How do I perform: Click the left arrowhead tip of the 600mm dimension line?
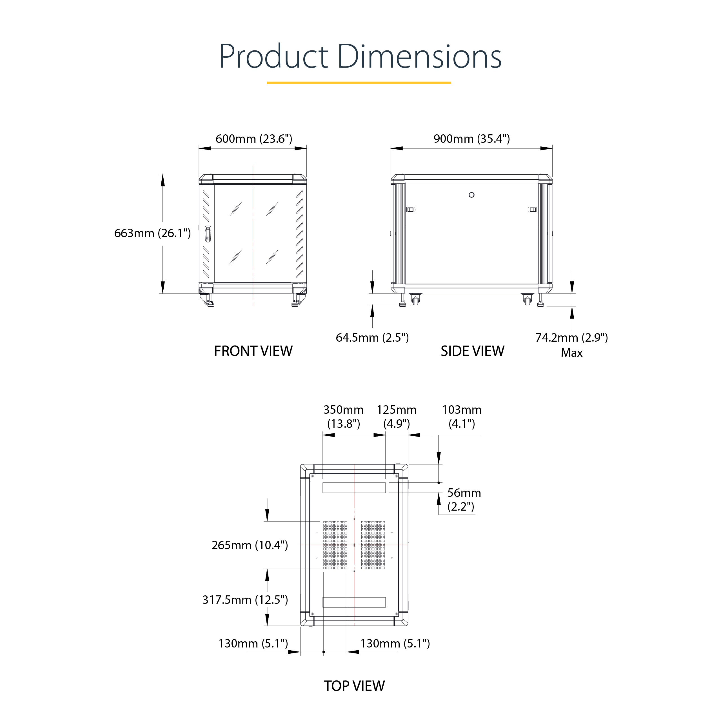point(199,148)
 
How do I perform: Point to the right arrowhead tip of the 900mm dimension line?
point(552,148)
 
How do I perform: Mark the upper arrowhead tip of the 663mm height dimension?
point(163,174)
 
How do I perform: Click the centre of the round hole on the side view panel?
point(471,195)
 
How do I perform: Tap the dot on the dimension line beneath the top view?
point(324,652)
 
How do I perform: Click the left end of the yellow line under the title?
point(267,83)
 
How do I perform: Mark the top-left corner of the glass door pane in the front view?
point(215,185)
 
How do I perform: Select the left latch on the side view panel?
point(411,210)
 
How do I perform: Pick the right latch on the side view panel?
point(533,210)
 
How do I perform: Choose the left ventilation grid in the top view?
point(335,545)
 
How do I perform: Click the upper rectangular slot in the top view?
point(354,488)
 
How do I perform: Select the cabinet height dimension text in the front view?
point(152,233)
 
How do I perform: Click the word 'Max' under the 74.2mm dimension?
point(572,353)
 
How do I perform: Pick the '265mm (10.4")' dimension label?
point(250,545)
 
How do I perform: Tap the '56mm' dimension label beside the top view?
point(464,493)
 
